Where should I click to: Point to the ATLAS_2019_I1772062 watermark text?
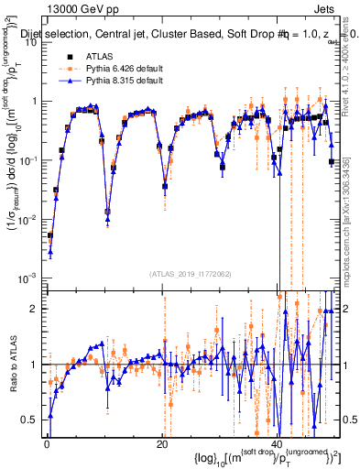point(189,273)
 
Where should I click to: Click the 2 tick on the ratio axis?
point(36,309)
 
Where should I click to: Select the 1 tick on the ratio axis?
point(36,365)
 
